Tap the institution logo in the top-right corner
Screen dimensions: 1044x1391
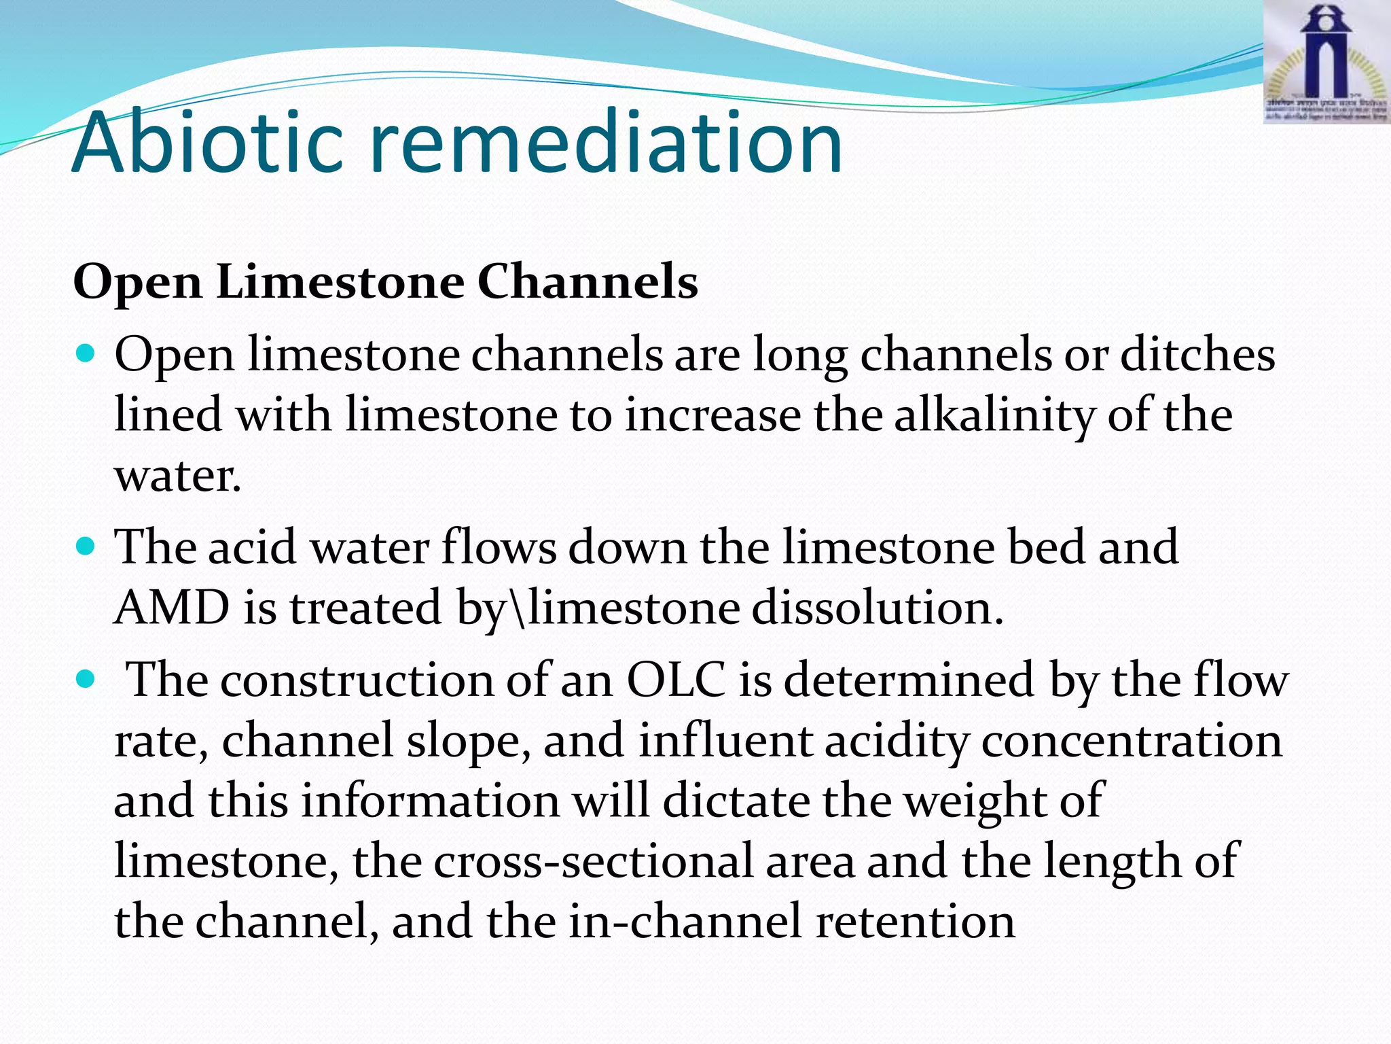pyautogui.click(x=1326, y=63)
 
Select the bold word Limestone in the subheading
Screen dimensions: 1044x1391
pyautogui.click(x=340, y=281)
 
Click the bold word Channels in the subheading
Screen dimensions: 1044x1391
pyautogui.click(x=588, y=281)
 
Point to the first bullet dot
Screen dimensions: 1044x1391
pyautogui.click(x=85, y=354)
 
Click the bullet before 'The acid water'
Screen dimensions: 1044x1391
pyautogui.click(x=85, y=546)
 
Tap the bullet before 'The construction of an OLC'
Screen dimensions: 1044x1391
pyautogui.click(x=85, y=679)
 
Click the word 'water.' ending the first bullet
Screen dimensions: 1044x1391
pyautogui.click(x=178, y=475)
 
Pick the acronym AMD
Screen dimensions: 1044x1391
pyautogui.click(x=172, y=607)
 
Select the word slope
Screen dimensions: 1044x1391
pyautogui.click(x=469, y=739)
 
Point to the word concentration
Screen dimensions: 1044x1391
pyautogui.click(x=1132, y=739)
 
